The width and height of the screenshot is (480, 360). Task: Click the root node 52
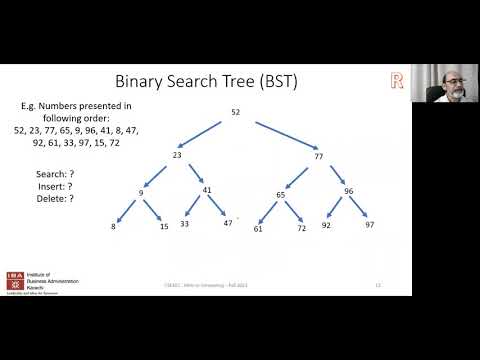coord(236,112)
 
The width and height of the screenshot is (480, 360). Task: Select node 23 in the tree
coord(176,155)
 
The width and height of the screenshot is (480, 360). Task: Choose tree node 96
coord(349,190)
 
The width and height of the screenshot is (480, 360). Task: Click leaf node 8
coord(113,228)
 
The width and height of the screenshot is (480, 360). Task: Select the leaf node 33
coord(185,224)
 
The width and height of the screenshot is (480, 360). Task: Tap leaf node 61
coord(259,229)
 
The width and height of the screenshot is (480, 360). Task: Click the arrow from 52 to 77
coord(287,134)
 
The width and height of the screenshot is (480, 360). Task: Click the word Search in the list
coord(49,172)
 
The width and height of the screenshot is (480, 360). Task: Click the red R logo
coord(396,80)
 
